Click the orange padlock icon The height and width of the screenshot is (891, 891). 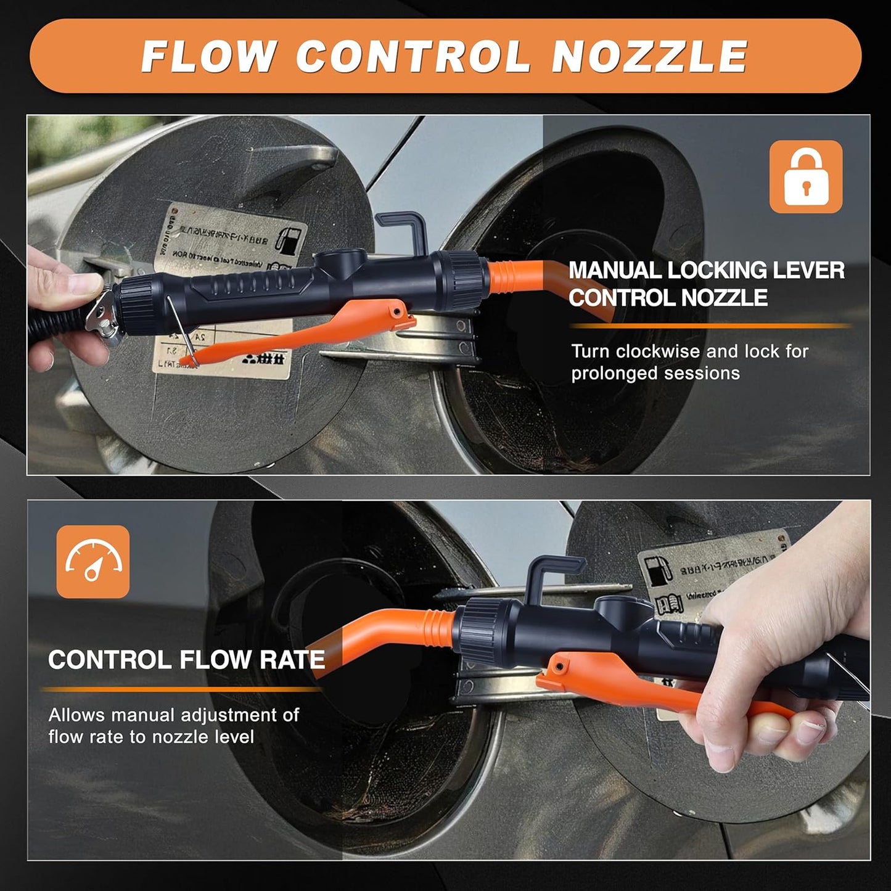click(805, 176)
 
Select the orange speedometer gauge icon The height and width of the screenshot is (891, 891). click(93, 561)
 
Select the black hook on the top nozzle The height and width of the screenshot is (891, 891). click(401, 231)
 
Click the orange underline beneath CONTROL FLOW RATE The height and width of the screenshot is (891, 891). click(179, 689)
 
